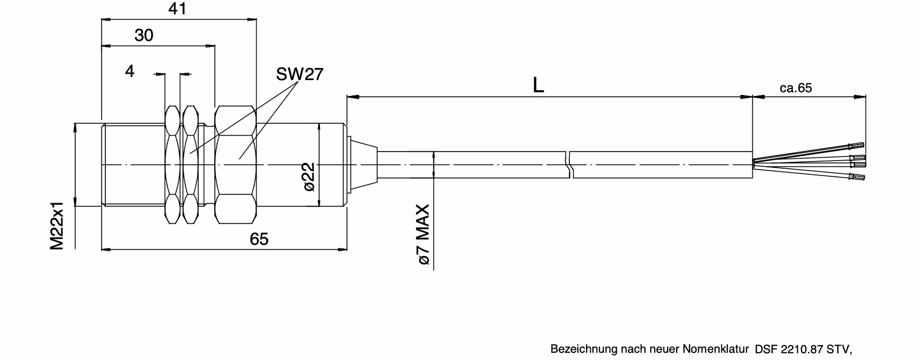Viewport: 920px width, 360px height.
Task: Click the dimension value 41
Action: point(178,9)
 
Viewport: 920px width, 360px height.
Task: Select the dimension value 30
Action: point(143,35)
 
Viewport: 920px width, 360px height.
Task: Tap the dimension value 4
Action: point(129,71)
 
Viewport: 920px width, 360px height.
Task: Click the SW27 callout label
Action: point(299,74)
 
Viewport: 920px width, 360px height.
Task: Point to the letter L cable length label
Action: point(538,85)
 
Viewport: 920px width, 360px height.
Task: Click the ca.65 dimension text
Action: point(795,88)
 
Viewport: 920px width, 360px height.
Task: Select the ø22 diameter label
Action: point(310,176)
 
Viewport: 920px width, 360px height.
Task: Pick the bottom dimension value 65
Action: point(259,239)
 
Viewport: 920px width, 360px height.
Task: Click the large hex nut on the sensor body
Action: point(235,165)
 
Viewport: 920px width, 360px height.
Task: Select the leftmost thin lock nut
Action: point(172,165)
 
